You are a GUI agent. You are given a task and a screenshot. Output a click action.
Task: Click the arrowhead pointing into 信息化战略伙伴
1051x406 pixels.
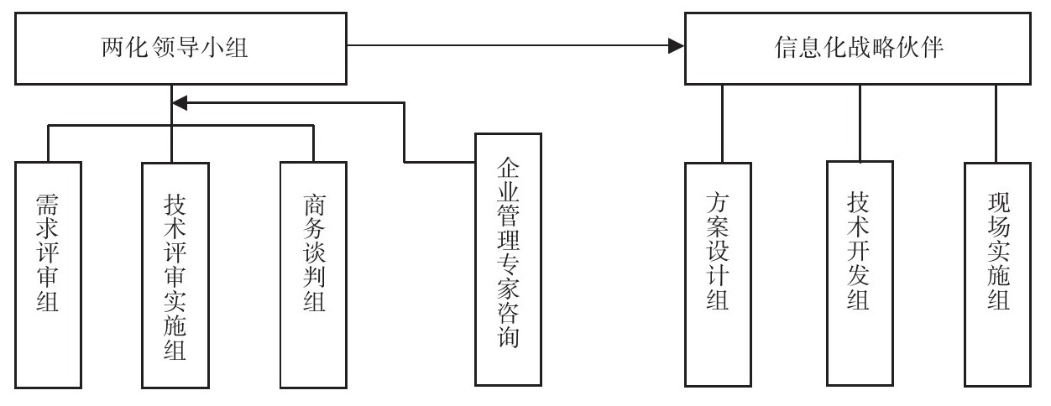click(677, 47)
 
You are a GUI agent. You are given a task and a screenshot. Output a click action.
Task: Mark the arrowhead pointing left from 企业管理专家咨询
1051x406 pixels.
click(180, 102)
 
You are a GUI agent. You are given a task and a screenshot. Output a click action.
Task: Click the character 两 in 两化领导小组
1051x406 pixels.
click(108, 49)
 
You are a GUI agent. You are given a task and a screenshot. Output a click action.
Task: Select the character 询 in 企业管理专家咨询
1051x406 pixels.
click(507, 338)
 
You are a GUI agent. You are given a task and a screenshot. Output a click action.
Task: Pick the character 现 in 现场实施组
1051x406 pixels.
click(997, 204)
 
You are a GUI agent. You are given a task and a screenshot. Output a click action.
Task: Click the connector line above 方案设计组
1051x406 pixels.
click(721, 123)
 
